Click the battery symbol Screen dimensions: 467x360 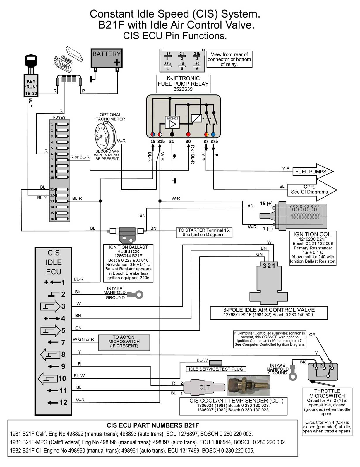(x=107, y=58)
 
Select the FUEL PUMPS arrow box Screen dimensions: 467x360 (x=312, y=172)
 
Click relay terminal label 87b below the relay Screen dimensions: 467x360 (x=214, y=142)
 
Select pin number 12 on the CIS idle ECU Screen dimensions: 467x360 (x=63, y=402)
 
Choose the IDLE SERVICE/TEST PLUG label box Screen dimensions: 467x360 (x=216, y=369)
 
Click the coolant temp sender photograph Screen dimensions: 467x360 (x=248, y=386)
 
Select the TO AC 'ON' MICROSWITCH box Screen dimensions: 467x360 (x=124, y=342)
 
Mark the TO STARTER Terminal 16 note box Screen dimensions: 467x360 (x=204, y=232)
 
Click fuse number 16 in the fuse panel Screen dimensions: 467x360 (x=62, y=218)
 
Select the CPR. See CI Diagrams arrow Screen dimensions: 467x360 (x=311, y=189)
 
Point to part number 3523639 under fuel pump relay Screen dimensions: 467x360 (x=183, y=89)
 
